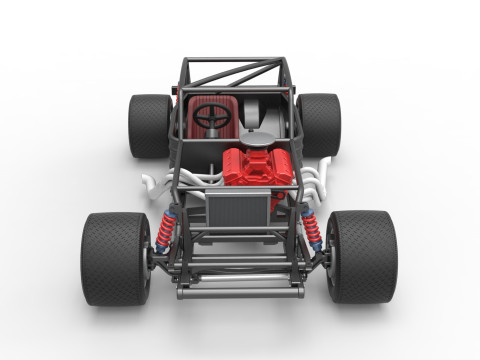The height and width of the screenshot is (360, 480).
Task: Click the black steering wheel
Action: [x=212, y=118]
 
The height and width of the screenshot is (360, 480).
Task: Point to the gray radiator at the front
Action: [x=238, y=212]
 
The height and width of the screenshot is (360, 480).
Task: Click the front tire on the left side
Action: [x=115, y=257]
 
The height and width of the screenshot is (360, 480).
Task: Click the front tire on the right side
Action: [x=362, y=256]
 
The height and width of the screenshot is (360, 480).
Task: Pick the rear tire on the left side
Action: [x=150, y=125]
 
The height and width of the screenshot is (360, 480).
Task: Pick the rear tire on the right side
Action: [x=320, y=124]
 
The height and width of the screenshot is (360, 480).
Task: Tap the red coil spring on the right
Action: [x=314, y=233]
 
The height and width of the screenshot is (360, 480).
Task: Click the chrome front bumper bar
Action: [x=239, y=293]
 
